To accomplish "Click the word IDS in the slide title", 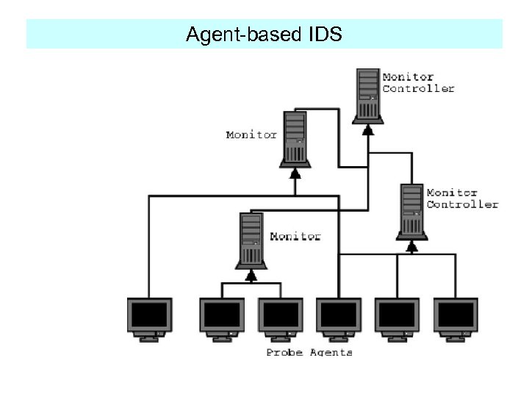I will (321, 34).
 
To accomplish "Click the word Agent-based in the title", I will (241, 35).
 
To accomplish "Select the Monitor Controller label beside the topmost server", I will (417, 82).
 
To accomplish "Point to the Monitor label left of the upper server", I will (251, 135).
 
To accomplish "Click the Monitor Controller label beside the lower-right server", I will (461, 198).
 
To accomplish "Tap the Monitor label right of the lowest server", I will (295, 236).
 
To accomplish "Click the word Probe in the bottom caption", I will (284, 352).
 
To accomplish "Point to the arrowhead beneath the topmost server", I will (368, 129).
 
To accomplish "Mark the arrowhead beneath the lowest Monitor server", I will (251, 276).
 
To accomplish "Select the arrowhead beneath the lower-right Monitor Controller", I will (412, 247).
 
